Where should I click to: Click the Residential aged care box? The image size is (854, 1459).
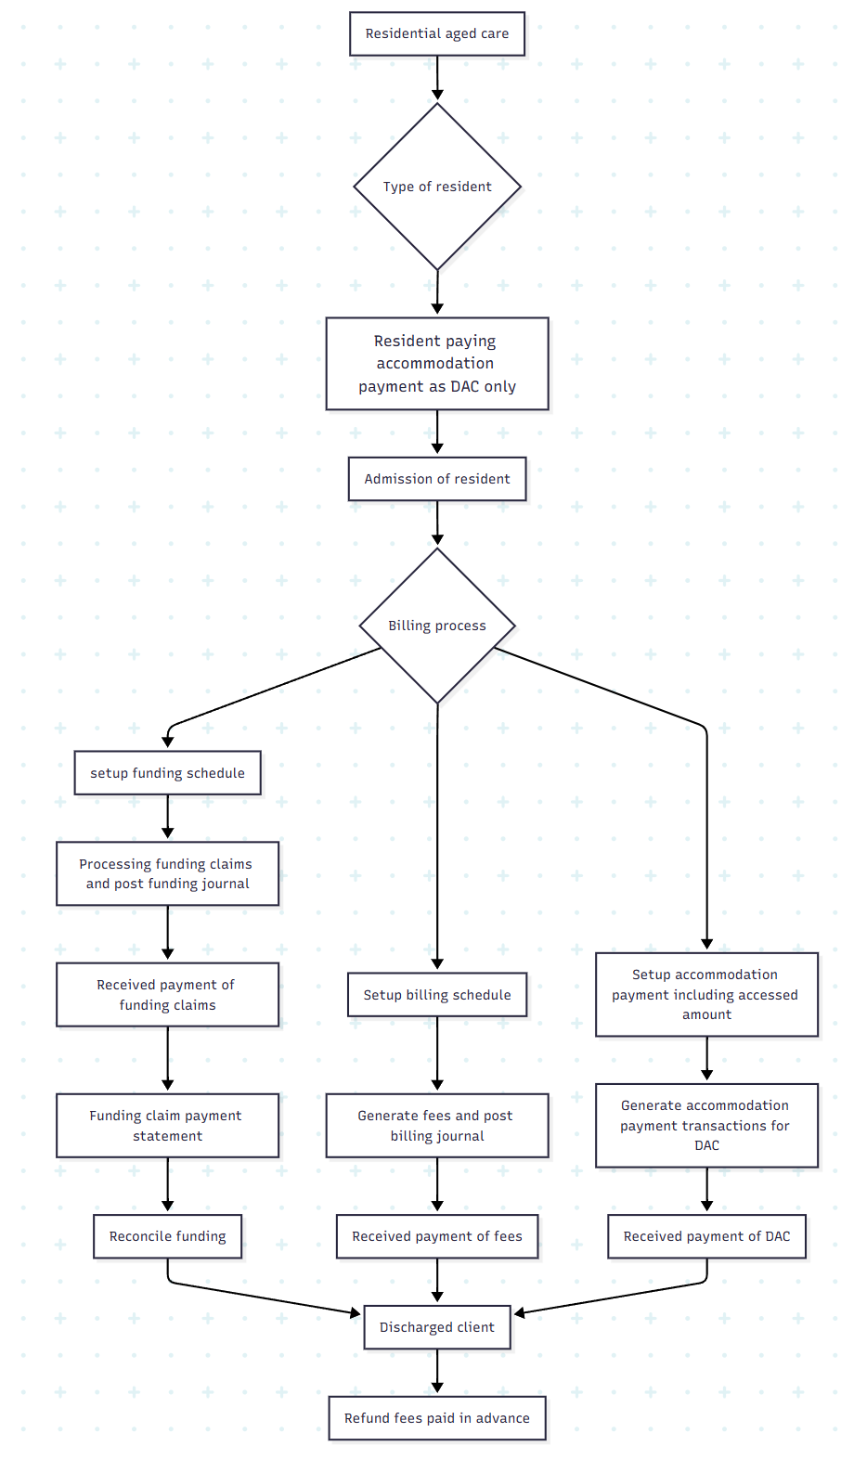436,34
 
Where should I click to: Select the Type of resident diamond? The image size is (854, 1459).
436,187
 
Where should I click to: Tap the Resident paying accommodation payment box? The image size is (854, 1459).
436,364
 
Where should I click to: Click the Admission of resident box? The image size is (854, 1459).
436,479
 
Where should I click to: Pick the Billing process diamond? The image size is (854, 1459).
436,626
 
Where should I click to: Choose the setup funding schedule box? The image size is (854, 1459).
167,773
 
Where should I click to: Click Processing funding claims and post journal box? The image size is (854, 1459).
167,873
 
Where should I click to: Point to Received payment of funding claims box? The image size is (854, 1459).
167,995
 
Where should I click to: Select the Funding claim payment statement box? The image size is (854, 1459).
167,1126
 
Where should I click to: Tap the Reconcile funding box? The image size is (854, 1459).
167,1236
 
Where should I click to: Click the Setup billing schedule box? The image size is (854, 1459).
436,995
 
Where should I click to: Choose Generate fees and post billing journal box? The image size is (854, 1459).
436,1126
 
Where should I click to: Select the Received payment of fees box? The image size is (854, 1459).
436,1236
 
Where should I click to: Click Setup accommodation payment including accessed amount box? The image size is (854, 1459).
706,995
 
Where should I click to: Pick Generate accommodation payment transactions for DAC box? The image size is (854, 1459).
706,1126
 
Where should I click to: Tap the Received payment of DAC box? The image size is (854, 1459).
706,1236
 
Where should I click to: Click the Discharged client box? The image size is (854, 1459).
436,1327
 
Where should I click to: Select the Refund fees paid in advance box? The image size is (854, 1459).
436,1418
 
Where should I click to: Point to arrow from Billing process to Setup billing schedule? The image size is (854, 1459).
437,835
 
